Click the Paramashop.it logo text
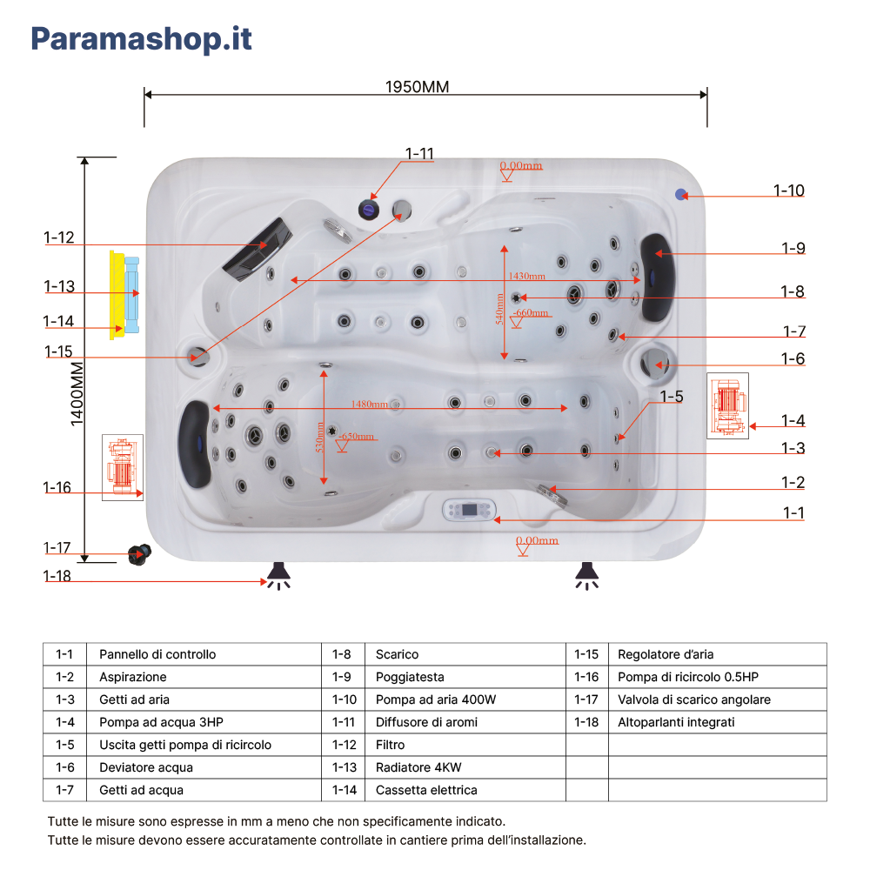142,39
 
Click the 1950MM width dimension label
418,87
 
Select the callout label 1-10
789,191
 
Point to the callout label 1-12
59,238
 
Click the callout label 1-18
59,576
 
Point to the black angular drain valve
138,553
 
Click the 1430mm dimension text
526,276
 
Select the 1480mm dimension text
369,404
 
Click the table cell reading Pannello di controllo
157,654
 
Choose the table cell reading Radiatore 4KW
418,767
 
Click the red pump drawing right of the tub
727,405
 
